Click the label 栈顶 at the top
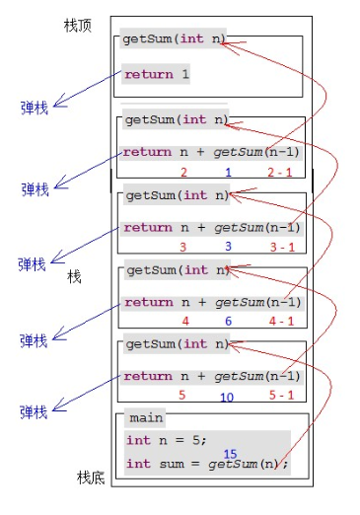(77, 25)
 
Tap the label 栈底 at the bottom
(91, 478)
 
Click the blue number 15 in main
(230, 454)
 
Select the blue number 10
(226, 397)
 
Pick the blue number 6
(227, 322)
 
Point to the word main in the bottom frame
(145, 418)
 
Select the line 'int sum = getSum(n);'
(207, 464)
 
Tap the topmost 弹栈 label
(35, 107)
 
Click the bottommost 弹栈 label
(34, 411)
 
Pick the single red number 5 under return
(181, 396)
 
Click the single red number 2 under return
(183, 173)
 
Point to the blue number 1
(228, 173)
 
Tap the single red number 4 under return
(184, 321)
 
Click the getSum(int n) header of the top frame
(174, 40)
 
